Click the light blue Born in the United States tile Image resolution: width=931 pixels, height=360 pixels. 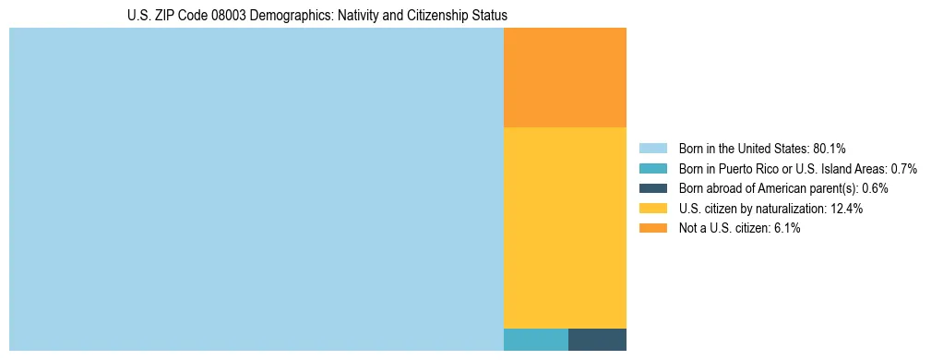coord(256,189)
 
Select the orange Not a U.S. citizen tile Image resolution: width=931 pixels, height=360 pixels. coord(565,78)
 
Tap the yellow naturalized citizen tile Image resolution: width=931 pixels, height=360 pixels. coord(565,227)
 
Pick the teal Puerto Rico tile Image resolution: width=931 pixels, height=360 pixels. coord(535,339)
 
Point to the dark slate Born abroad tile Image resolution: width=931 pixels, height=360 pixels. coord(597,339)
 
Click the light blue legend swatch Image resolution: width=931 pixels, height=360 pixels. coord(652,148)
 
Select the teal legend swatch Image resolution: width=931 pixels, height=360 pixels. coord(652,168)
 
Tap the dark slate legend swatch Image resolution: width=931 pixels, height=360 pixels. coord(652,188)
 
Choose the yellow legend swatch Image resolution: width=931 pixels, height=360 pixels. coord(652,208)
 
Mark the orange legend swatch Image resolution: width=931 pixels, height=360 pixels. coord(652,228)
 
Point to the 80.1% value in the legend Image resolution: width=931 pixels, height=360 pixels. coord(830,149)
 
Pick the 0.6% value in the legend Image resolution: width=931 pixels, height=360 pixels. coord(875,188)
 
